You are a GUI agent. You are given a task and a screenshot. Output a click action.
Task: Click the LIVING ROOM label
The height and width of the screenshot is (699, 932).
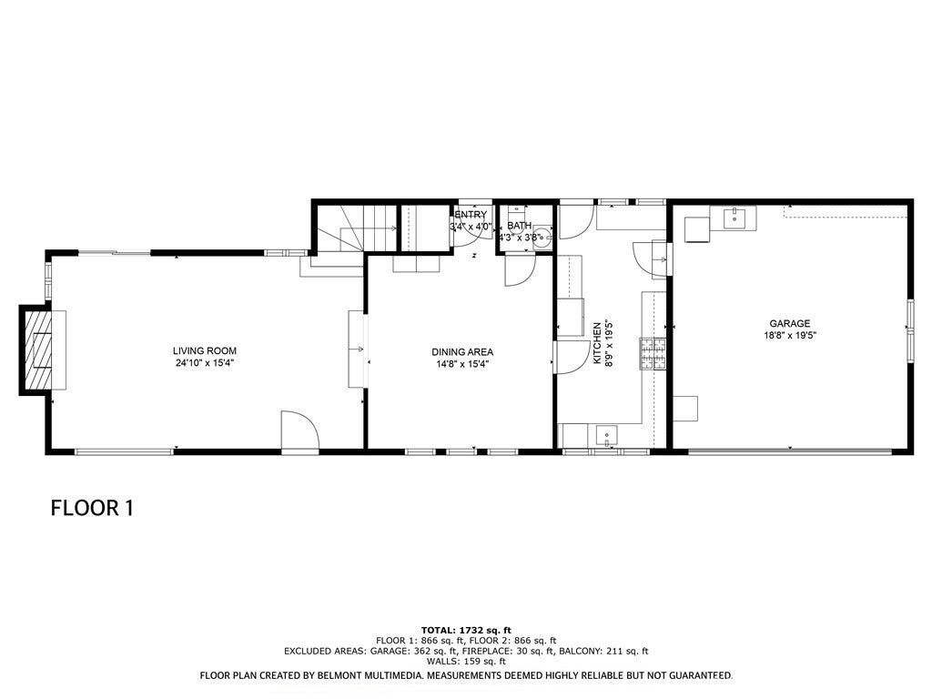205,351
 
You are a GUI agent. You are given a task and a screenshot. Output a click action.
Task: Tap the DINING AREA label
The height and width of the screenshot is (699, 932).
462,352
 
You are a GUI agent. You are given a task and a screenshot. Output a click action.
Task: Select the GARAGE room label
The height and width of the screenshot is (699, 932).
789,323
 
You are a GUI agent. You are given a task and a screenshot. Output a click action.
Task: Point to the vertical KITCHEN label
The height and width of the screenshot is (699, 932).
598,343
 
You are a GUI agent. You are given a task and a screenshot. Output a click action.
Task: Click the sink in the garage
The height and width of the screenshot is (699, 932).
734,218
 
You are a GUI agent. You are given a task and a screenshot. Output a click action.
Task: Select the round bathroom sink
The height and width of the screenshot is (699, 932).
541,239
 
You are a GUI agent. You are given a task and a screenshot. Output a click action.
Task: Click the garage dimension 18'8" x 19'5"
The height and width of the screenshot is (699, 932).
789,335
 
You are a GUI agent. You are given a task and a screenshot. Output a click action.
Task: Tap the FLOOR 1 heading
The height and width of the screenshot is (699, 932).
92,508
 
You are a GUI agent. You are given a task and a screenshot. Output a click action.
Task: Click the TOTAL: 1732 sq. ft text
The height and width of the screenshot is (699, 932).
466,630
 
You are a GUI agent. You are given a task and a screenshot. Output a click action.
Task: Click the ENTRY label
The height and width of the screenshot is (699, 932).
471,215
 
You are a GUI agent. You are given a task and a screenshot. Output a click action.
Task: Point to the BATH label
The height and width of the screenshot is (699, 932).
519,226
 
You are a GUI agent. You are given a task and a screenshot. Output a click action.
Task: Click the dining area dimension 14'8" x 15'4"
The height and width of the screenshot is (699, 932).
462,364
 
